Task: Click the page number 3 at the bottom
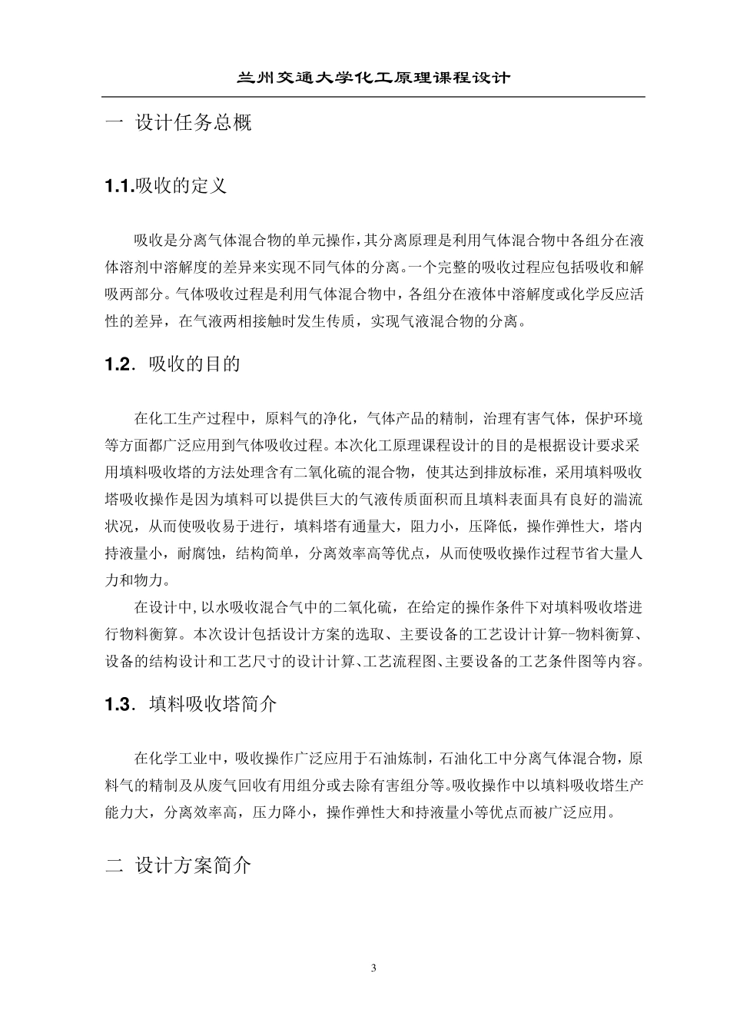(x=373, y=968)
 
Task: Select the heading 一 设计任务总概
(x=178, y=123)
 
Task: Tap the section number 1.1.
(x=119, y=186)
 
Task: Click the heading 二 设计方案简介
(x=178, y=865)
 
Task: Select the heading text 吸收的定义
(x=181, y=186)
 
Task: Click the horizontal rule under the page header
(x=373, y=97)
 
